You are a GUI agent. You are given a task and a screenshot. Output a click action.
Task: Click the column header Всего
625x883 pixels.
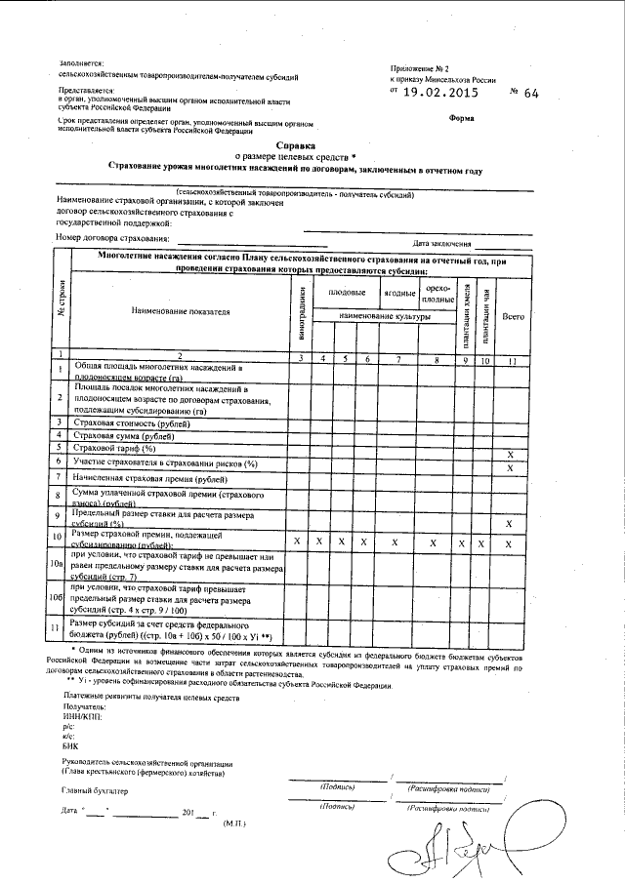[x=512, y=316]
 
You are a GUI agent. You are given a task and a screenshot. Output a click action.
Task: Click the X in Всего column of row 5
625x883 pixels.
[x=512, y=455]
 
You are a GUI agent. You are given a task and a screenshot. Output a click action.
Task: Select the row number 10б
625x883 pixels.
[x=59, y=596]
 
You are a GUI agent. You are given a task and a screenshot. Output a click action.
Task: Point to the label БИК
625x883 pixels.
[x=70, y=745]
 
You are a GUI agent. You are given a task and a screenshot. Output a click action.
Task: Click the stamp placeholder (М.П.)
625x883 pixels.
[x=235, y=823]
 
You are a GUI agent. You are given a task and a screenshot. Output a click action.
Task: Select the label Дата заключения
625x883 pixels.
[x=442, y=243]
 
